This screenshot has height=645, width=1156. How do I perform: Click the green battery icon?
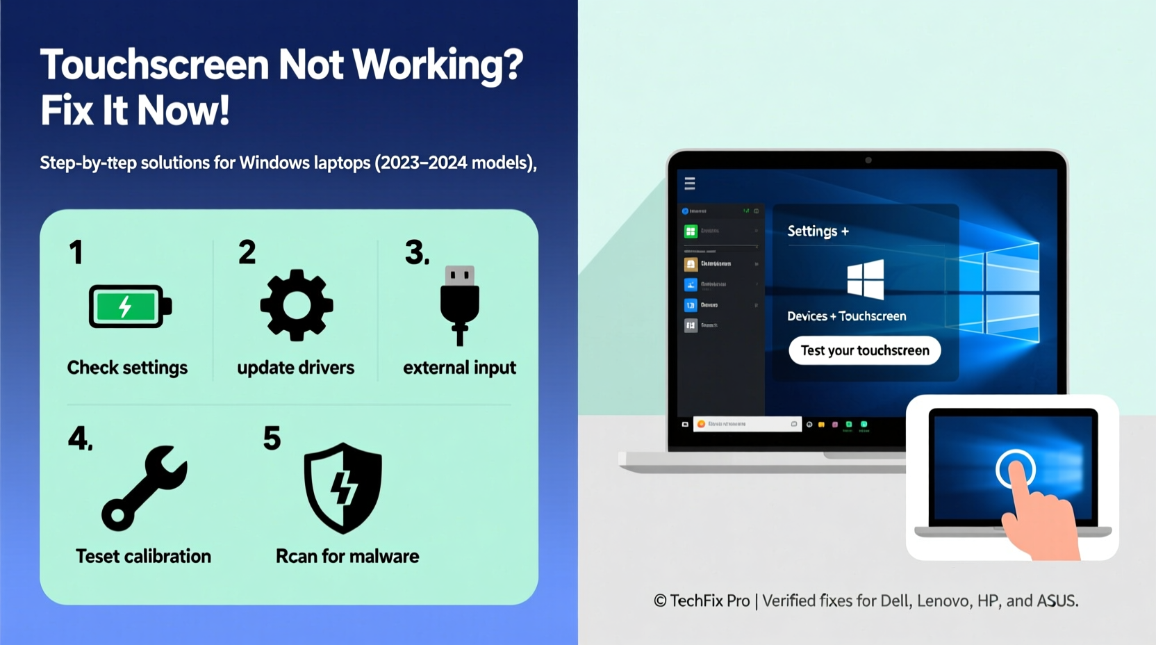click(129, 306)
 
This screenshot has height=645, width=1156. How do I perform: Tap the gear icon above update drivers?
click(297, 305)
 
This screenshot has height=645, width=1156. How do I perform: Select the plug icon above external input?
click(459, 304)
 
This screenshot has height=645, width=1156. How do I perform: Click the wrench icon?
click(144, 487)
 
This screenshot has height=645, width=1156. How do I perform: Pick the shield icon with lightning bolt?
click(343, 488)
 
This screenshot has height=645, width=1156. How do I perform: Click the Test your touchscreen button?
click(864, 350)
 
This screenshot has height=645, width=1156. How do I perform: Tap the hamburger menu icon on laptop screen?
click(690, 183)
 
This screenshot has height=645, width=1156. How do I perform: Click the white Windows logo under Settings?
click(866, 279)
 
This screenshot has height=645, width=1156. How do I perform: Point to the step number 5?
click(272, 439)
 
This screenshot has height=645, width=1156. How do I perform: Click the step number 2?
click(247, 252)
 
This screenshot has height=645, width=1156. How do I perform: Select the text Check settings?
click(127, 368)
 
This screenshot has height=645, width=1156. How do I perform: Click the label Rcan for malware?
click(347, 556)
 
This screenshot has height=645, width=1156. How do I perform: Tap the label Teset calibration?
click(143, 556)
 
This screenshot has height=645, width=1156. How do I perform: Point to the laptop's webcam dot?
click(868, 161)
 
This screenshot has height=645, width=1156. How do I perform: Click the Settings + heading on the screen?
click(818, 231)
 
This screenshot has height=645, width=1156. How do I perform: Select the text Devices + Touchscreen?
click(846, 316)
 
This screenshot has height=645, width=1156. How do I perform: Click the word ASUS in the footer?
click(1056, 601)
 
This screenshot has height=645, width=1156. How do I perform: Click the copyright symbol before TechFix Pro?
click(660, 601)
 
